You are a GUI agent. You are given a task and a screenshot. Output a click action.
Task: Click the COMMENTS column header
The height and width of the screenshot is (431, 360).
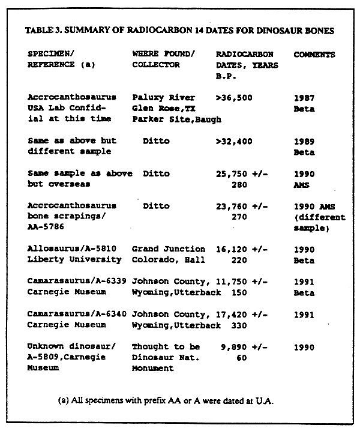[314, 55]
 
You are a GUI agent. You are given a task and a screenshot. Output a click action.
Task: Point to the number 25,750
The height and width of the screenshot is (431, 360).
[232, 173]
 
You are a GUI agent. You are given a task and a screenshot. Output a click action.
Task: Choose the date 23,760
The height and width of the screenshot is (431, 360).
[232, 206]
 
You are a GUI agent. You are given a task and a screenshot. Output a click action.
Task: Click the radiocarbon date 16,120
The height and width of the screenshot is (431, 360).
[232, 249]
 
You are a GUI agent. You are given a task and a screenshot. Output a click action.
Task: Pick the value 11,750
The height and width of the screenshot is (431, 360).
[232, 282]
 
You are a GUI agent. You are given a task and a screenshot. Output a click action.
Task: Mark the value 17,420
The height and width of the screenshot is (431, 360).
[232, 314]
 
